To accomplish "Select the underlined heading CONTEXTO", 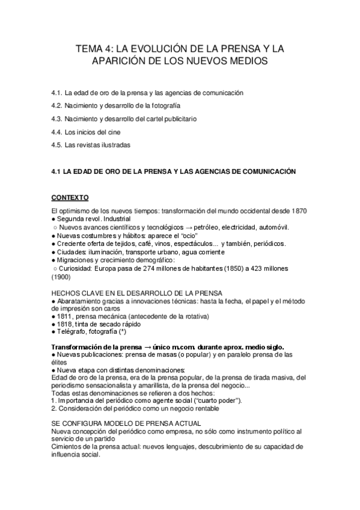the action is [x=70, y=197].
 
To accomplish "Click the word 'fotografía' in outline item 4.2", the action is [x=165, y=106].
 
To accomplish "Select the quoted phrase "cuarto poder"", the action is [x=216, y=401].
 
